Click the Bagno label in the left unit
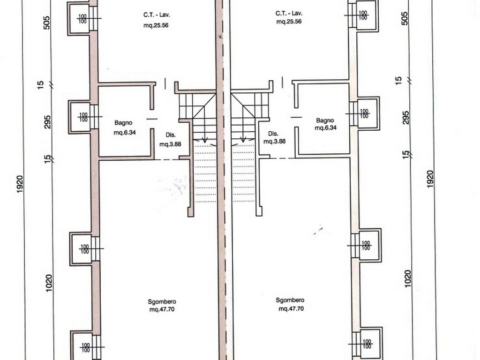(123, 123)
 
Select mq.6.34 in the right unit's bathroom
(325, 128)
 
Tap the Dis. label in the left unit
(171, 135)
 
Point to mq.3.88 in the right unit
(274, 142)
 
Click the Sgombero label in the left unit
(162, 302)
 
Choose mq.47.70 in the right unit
(291, 308)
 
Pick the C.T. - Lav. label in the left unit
(157, 15)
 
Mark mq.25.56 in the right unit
(289, 22)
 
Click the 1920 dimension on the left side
(20, 184)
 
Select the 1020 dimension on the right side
(407, 278)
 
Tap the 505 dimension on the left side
(47, 22)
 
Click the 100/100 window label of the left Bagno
(83, 117)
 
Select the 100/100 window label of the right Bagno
(364, 114)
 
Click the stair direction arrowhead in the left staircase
(205, 141)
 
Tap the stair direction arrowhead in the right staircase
(243, 140)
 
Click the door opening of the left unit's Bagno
(152, 119)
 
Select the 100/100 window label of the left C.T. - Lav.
(82, 19)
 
